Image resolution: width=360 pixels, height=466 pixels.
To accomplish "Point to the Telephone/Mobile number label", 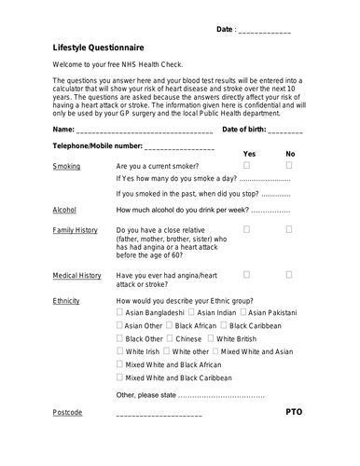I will [x=98, y=146].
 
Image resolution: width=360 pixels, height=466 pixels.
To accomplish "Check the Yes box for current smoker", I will [x=247, y=165].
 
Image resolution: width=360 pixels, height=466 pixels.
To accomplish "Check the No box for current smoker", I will [x=289, y=165].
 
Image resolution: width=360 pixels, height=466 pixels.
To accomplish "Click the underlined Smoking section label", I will [x=66, y=166].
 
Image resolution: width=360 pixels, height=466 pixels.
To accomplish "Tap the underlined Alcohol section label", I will [x=64, y=211].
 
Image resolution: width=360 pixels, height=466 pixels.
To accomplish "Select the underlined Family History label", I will [x=75, y=229].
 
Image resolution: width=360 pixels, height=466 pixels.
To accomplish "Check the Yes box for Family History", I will [x=247, y=228].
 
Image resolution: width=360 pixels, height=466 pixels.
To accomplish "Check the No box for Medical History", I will [x=289, y=275].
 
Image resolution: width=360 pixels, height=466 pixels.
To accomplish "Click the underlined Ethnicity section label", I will [x=66, y=301].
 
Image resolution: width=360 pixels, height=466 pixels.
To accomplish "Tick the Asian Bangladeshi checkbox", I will [x=119, y=321].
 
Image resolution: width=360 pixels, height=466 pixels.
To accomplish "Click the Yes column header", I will [x=249, y=154].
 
